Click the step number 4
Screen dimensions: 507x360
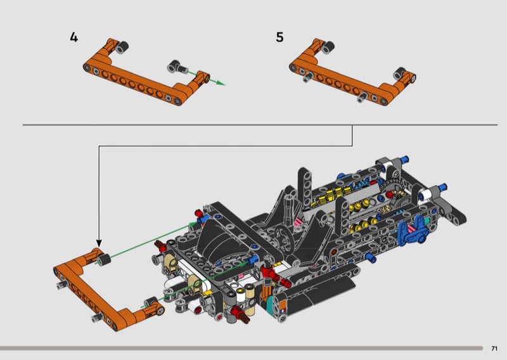pos(74,37)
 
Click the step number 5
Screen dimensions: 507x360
pos(279,37)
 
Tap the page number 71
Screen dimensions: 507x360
pos(494,349)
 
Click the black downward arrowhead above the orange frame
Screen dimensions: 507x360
pos(99,243)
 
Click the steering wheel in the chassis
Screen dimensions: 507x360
pos(284,238)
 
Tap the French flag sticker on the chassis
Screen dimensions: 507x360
pos(283,311)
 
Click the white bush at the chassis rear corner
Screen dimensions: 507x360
pos(427,195)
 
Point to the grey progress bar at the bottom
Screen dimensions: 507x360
pos(241,349)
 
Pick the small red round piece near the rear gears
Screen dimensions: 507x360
pos(389,195)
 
